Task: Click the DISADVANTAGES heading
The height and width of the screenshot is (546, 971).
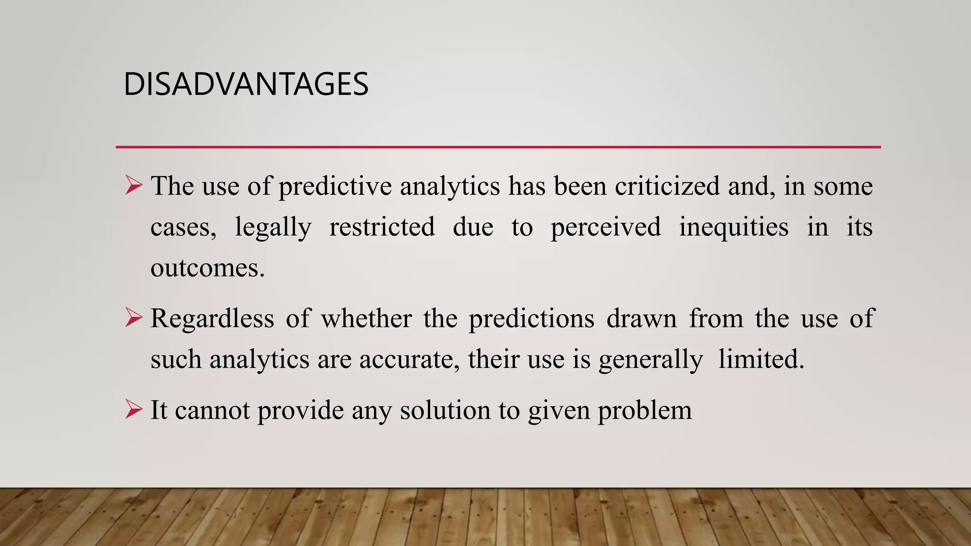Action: pyautogui.click(x=246, y=84)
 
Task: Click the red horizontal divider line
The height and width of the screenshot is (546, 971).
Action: pyautogui.click(x=498, y=147)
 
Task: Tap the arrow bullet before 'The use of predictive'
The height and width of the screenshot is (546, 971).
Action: pyautogui.click(x=134, y=185)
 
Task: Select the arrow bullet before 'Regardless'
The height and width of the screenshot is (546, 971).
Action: pyautogui.click(x=134, y=318)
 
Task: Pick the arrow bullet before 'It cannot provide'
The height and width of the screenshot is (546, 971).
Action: pyautogui.click(x=134, y=409)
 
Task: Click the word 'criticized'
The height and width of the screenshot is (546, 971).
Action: pyautogui.click(x=667, y=186)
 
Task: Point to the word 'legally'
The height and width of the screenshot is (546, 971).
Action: pyautogui.click(x=273, y=227)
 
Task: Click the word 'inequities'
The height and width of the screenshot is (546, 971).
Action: pyautogui.click(x=733, y=227)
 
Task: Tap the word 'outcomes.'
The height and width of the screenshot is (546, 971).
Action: pyautogui.click(x=207, y=268)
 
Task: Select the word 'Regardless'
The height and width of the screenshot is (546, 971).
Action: pyautogui.click(x=212, y=318)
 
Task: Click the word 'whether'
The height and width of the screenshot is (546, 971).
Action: pyautogui.click(x=366, y=318)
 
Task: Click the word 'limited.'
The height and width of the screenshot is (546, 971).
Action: pyautogui.click(x=761, y=359)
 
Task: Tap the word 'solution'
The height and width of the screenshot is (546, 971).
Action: pyautogui.click(x=445, y=410)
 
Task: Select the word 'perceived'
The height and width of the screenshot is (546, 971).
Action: pyautogui.click(x=605, y=227)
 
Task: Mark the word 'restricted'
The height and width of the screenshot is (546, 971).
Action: pyautogui.click(x=382, y=227)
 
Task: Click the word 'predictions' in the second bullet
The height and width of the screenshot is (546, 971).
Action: pyautogui.click(x=531, y=318)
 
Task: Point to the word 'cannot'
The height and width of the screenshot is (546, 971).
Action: pyautogui.click(x=212, y=410)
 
